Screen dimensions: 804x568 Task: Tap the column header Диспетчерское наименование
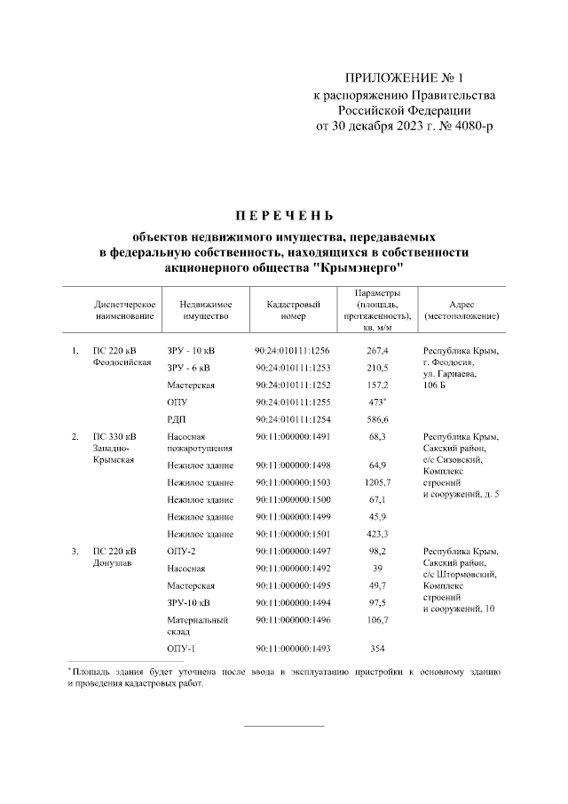point(125,310)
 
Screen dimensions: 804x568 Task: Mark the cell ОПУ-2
point(181,552)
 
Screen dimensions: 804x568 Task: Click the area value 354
point(377,649)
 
